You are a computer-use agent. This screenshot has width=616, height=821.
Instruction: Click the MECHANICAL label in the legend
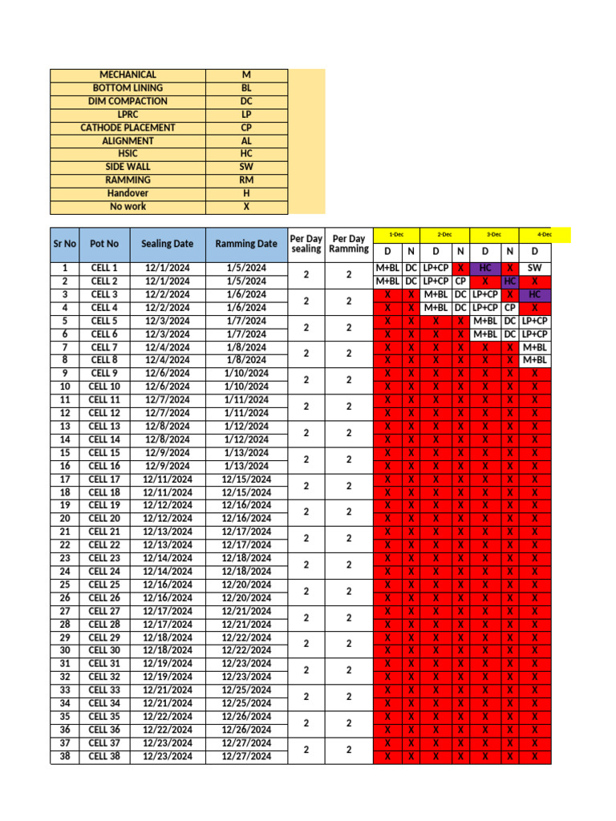tap(128, 75)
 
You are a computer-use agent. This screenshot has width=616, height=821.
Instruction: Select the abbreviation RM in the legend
tap(246, 180)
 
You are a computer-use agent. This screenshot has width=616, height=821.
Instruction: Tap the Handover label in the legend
tap(128, 193)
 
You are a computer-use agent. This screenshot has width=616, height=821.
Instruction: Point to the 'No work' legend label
tap(128, 207)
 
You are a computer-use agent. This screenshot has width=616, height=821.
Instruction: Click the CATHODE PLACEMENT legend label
tap(128, 127)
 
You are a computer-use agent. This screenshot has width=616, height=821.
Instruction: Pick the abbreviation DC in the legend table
tap(246, 101)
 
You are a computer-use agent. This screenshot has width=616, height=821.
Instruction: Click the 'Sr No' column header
tap(65, 243)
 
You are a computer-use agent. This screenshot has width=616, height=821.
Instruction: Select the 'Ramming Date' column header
tap(245, 243)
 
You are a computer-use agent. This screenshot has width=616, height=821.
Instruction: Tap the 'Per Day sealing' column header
tap(306, 244)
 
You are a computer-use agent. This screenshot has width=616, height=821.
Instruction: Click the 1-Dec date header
tap(396, 234)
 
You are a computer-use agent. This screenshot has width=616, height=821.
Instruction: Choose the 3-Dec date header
tap(494, 234)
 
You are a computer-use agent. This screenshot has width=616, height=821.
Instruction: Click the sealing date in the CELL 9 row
tap(168, 374)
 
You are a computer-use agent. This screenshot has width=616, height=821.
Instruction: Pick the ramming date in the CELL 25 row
tap(245, 584)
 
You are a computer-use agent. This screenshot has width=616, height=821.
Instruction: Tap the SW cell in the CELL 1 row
tap(535, 268)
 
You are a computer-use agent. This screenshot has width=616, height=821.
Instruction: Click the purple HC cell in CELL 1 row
tap(485, 268)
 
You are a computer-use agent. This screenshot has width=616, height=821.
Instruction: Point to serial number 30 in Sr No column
tap(65, 650)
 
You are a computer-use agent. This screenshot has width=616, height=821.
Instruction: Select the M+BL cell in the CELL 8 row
tap(535, 360)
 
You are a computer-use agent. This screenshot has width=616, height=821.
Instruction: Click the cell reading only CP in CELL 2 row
tap(460, 281)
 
